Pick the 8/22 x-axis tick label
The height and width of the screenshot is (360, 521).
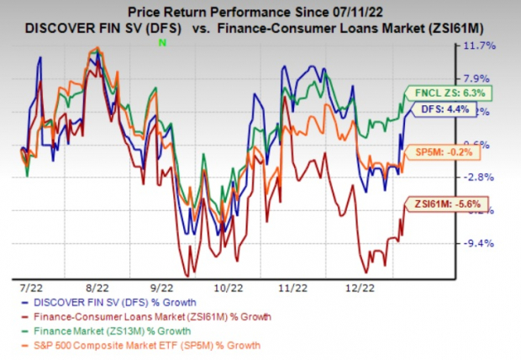pos(98,287)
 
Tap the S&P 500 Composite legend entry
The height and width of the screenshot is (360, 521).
pos(143,344)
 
